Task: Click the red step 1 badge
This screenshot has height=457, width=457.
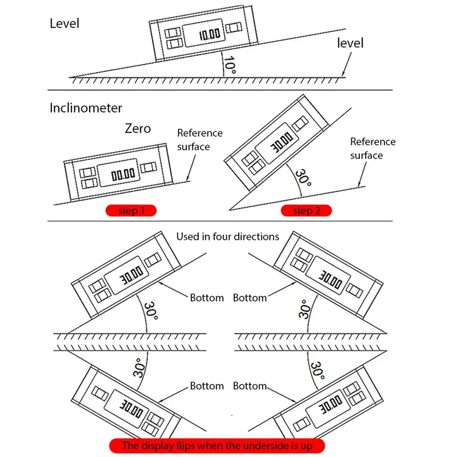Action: [131, 210]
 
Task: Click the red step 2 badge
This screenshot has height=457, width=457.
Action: [306, 210]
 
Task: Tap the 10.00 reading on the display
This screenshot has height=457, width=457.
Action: [210, 34]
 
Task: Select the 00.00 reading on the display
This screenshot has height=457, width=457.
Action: [123, 175]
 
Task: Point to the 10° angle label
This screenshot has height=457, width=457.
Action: [230, 65]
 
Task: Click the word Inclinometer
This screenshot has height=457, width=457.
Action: [86, 108]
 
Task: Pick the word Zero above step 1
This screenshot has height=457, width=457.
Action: [138, 128]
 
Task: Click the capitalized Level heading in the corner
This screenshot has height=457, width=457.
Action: [65, 23]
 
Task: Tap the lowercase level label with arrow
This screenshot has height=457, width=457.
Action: [350, 43]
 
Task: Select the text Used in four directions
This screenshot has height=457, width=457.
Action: [227, 236]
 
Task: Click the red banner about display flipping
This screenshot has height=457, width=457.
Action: [217, 446]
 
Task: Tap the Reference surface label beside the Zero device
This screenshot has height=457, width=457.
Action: [199, 139]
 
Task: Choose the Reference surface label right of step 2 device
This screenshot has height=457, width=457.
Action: [373, 149]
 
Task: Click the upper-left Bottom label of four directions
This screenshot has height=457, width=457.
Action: [207, 298]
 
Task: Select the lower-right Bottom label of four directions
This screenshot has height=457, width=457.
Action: [250, 386]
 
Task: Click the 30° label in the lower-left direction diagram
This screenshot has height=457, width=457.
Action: [139, 367]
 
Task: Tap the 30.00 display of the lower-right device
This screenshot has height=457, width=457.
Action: [331, 404]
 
